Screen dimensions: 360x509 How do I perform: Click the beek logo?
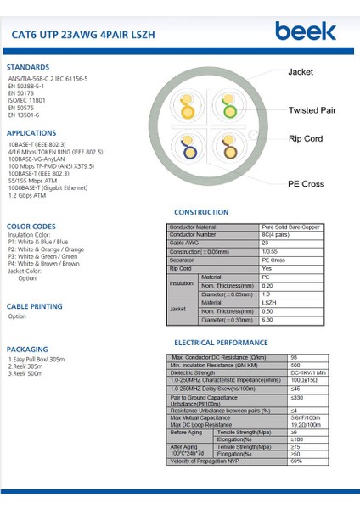[305, 32]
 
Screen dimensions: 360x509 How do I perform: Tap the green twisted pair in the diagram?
[227, 109]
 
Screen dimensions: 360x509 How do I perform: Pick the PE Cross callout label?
[306, 183]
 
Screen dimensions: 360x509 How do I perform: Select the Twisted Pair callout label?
[312, 110]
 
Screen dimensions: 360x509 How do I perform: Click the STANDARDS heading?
[28, 67]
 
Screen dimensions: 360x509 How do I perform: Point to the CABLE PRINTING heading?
[35, 306]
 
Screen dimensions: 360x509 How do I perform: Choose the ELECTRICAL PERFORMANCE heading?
[220, 343]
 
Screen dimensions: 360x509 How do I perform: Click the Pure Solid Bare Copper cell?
[290, 227]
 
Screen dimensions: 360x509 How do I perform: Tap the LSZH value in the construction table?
[269, 301]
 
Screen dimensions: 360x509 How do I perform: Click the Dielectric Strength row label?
[193, 372]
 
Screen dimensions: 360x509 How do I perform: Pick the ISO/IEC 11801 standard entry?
[27, 100]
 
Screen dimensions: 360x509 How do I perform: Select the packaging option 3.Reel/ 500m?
[25, 373]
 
